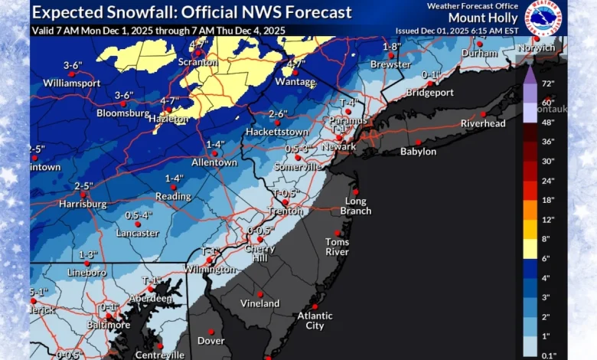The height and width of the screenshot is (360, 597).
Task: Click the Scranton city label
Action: pyautogui.click(x=198, y=63)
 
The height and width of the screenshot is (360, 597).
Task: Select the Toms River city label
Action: pyautogui.click(x=338, y=247)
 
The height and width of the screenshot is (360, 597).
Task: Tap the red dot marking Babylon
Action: pyautogui.click(x=419, y=142)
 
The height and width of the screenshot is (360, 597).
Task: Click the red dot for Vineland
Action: pyautogui.click(x=260, y=293)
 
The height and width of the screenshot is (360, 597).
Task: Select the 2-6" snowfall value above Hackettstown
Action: pyautogui.click(x=277, y=114)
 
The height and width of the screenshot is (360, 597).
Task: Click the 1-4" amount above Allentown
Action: pyautogui.click(x=215, y=144)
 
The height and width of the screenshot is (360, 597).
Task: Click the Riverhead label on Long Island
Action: pyautogui.click(x=484, y=123)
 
